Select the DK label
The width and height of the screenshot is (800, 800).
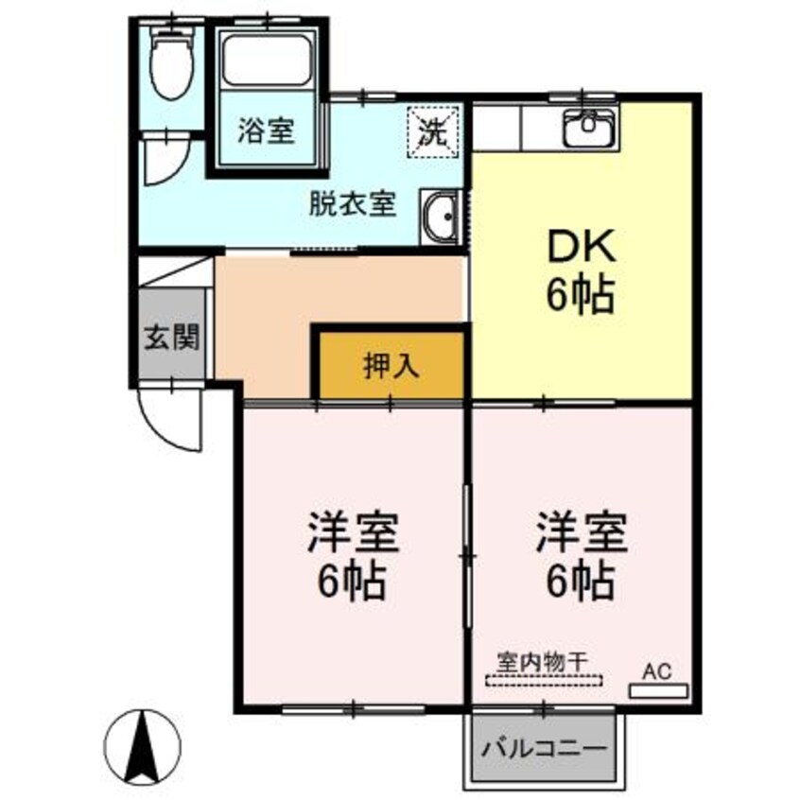[581, 251]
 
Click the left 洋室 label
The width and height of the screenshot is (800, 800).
[351, 534]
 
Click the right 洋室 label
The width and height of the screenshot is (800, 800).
[580, 534]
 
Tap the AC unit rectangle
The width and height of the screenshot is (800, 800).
[658, 691]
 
